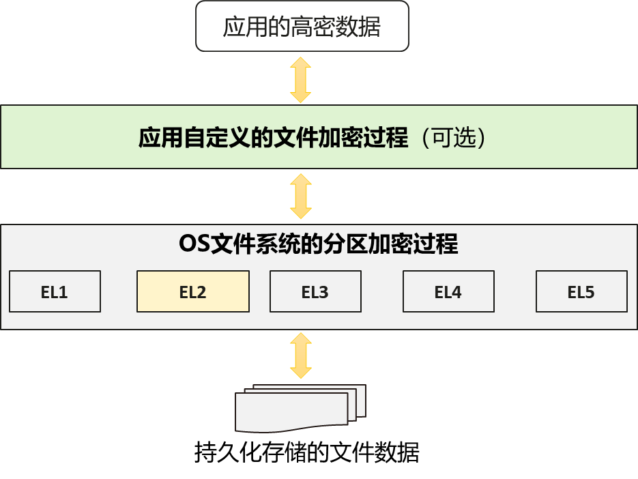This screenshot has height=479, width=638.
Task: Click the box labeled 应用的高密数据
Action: click(302, 27)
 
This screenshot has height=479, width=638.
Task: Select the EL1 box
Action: click(55, 292)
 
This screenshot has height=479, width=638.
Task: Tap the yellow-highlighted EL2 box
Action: click(192, 292)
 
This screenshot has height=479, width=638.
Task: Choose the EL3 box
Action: click(315, 292)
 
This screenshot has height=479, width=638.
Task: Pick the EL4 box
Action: click(448, 292)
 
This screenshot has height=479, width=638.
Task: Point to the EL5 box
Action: click(581, 292)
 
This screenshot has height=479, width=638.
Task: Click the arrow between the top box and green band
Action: click(300, 80)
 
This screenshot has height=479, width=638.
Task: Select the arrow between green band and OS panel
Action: click(300, 196)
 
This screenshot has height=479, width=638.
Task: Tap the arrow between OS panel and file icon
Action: click(300, 355)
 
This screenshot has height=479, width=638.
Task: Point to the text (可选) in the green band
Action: click(454, 139)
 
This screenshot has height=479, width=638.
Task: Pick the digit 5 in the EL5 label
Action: click(590, 293)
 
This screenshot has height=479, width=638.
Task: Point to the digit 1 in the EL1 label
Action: click(63, 293)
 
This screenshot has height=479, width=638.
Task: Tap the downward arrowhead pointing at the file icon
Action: click(300, 371)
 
